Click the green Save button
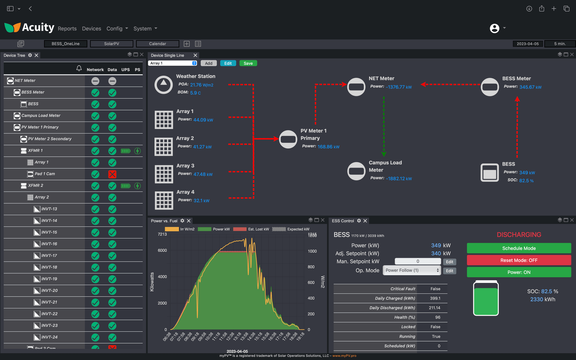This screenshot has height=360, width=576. click(248, 63)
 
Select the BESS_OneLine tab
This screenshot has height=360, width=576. click(66, 44)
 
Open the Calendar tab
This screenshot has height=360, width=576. click(157, 44)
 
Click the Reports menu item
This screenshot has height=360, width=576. click(67, 29)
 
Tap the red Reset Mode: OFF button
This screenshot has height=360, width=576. click(519, 260)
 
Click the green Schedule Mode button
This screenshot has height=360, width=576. click(519, 248)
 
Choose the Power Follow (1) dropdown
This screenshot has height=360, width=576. click(412, 271)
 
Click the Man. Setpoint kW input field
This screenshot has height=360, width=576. click(417, 261)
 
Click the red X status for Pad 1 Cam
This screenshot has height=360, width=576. click(112, 174)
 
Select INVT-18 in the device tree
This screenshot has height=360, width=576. click(49, 267)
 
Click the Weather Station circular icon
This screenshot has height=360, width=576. click(164, 84)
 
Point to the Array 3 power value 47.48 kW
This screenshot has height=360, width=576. click(203, 174)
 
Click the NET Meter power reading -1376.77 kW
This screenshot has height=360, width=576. click(399, 87)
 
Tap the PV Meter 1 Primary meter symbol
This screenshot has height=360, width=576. click(288, 139)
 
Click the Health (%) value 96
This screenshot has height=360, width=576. click(437, 317)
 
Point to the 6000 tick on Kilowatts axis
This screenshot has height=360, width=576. click(162, 250)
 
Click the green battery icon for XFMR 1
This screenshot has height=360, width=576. click(126, 151)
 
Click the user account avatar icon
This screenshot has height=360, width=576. click(495, 28)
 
